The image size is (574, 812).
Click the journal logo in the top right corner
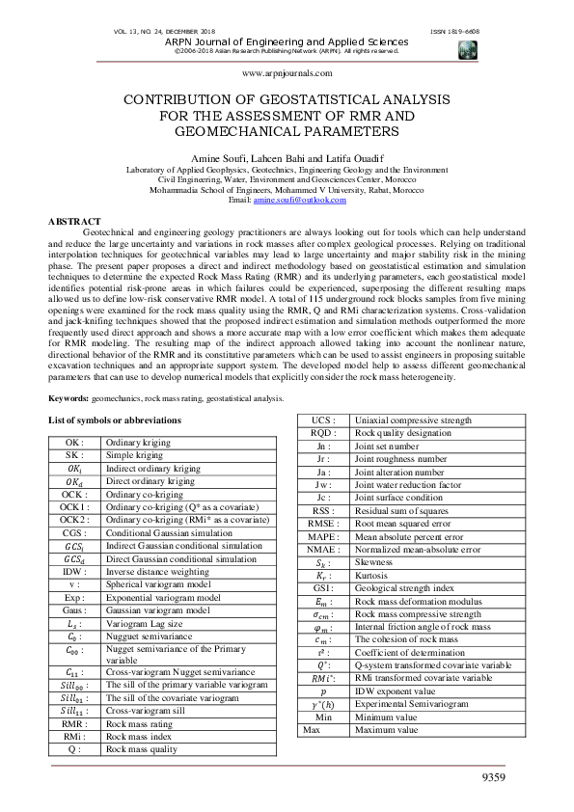click(469, 50)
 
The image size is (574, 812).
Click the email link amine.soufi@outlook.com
click(299, 200)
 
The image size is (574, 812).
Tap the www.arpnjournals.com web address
click(287, 73)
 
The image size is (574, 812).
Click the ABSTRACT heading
click(74, 223)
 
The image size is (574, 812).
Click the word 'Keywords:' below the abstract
click(68, 397)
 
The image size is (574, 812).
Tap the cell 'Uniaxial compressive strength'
click(415, 420)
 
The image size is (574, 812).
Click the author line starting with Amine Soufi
click(287, 156)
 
